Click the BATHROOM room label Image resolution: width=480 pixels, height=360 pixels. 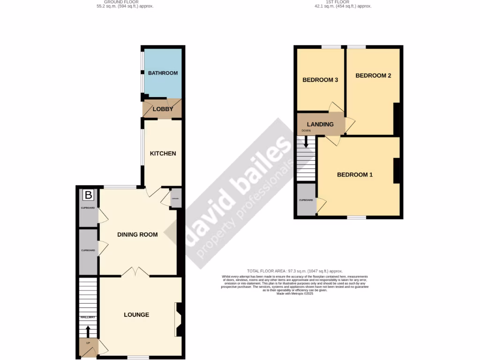[163, 73]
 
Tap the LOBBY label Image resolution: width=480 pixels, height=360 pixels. [163, 109]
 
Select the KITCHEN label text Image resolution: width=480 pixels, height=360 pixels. [163, 153]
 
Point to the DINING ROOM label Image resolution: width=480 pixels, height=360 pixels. [137, 234]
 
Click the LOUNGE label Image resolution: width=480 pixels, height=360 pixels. [136, 315]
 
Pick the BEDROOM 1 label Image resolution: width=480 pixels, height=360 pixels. [355, 175]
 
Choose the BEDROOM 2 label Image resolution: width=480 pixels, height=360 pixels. [373, 75]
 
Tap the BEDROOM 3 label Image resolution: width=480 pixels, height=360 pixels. [320, 80]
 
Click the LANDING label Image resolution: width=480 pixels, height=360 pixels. [320, 124]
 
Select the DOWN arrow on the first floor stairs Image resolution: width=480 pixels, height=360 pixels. [306, 141]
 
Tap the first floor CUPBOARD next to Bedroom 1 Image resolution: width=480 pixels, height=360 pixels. [306, 200]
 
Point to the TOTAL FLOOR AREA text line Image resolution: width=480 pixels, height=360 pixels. [295, 271]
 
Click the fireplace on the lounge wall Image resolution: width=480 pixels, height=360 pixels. [179, 319]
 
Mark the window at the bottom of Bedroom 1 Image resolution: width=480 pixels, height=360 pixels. [357, 217]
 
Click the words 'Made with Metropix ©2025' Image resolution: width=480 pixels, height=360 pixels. [295, 294]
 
